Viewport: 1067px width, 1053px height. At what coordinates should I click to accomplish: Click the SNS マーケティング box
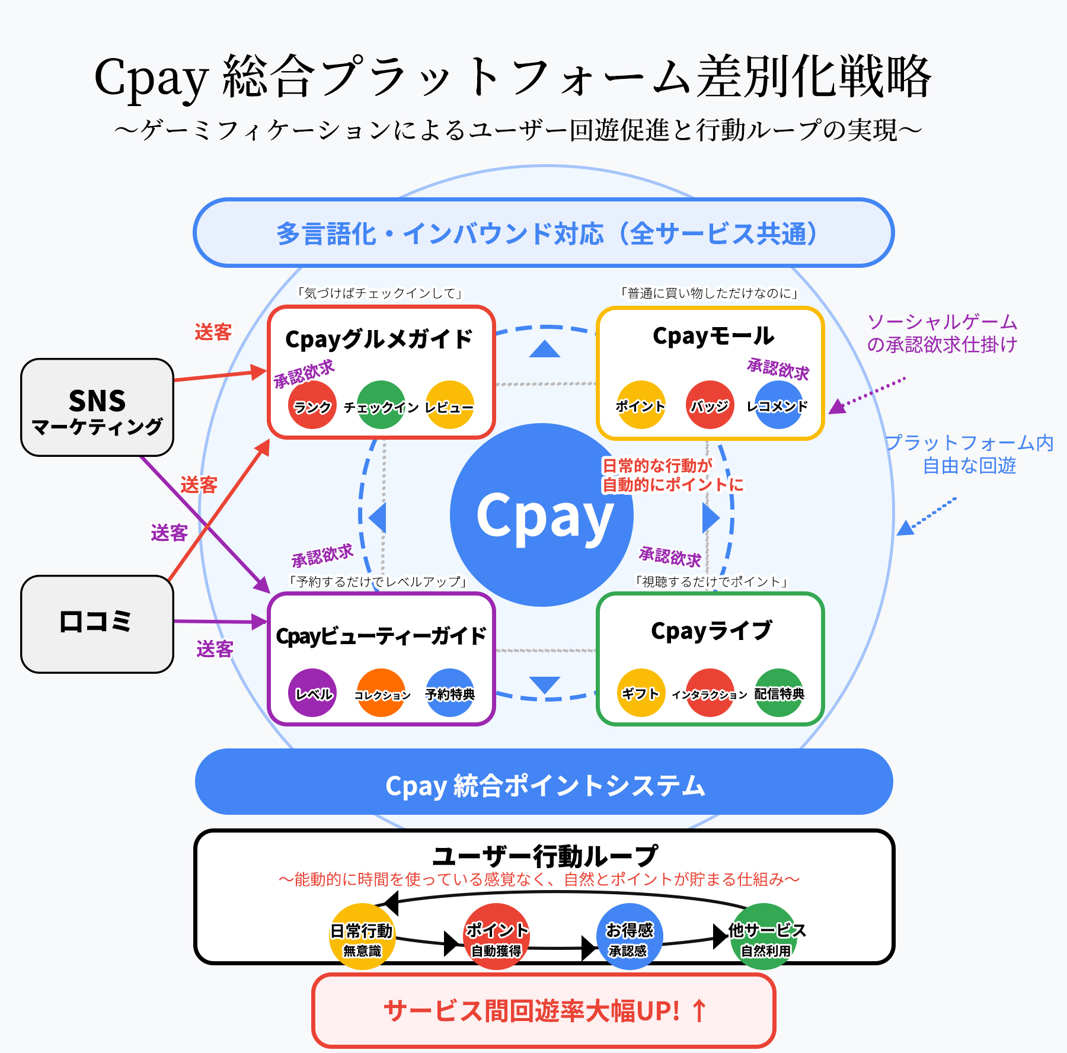pos(97,407)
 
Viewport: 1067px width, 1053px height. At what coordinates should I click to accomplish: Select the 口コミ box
pos(97,624)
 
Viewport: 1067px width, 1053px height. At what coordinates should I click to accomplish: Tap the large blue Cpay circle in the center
pos(542,515)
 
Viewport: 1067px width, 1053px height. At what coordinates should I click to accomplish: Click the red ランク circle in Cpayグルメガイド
pos(312,405)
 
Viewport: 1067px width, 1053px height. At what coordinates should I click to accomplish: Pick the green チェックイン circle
pos(381,405)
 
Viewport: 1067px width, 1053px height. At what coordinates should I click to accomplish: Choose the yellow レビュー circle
pos(450,405)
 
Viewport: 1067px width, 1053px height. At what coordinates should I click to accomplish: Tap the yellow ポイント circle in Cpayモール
pos(641,405)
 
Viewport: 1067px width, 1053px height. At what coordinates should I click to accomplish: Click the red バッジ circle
pos(710,405)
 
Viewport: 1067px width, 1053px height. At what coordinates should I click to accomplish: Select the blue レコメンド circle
pos(778,405)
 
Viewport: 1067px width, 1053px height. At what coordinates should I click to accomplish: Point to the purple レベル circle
pos(312,693)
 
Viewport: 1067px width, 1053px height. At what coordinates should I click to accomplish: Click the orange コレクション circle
pos(381,693)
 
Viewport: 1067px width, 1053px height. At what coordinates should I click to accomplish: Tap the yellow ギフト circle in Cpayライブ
pos(641,693)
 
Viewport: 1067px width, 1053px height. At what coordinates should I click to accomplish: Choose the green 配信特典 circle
pos(778,693)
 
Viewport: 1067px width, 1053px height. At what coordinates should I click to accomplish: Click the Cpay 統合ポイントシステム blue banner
pos(544,782)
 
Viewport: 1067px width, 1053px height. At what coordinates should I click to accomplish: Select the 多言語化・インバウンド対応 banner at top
pos(544,232)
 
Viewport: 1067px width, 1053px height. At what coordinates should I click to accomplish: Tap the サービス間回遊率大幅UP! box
pos(544,1010)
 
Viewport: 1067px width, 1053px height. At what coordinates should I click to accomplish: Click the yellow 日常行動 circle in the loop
pos(362,936)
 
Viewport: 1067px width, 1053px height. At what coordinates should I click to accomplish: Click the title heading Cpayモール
pos(713,336)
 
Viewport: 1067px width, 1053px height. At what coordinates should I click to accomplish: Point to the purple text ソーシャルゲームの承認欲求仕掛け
pos(943,333)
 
